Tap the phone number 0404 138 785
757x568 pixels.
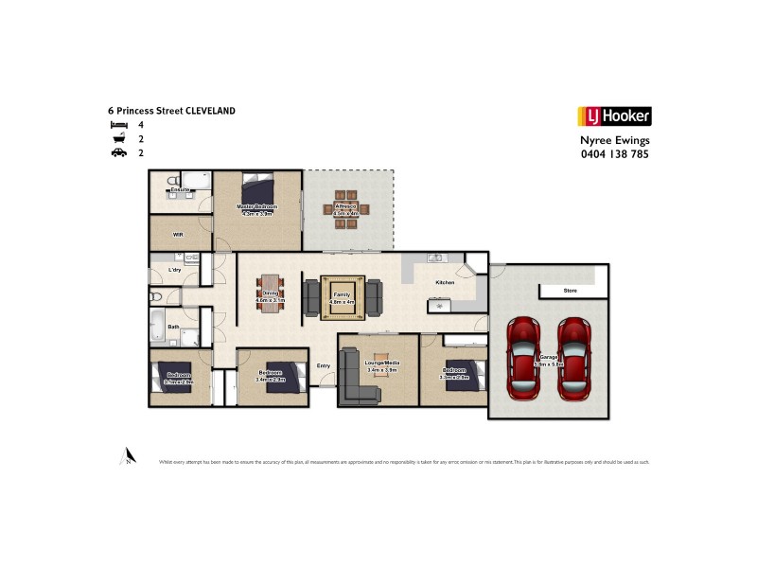click(x=613, y=154)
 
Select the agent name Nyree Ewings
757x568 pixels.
click(x=613, y=140)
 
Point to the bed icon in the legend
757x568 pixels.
click(x=118, y=125)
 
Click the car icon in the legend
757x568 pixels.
click(x=118, y=152)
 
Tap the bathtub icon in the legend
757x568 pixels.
click(x=118, y=139)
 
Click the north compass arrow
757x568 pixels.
click(x=127, y=456)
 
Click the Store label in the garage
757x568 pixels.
click(x=570, y=291)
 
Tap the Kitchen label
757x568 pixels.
click(x=445, y=283)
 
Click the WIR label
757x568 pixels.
click(x=178, y=232)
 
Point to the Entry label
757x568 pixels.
click(x=324, y=365)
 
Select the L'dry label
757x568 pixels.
click(x=174, y=272)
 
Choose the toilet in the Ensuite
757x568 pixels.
click(x=170, y=180)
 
